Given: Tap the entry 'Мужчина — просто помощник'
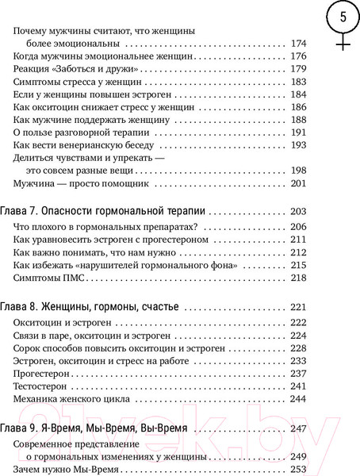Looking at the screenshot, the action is click(x=77, y=184).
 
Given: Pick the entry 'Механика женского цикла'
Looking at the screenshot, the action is click(x=72, y=399).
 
